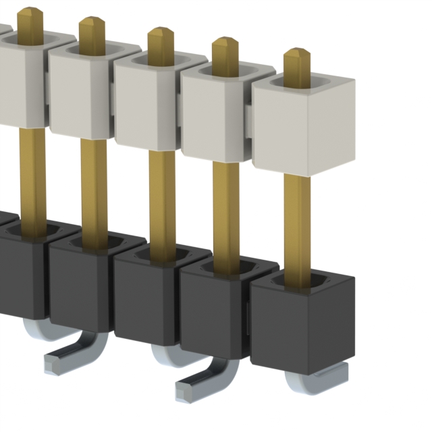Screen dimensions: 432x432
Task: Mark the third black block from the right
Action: (145, 297)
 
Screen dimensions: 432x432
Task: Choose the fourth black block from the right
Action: (78, 283)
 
